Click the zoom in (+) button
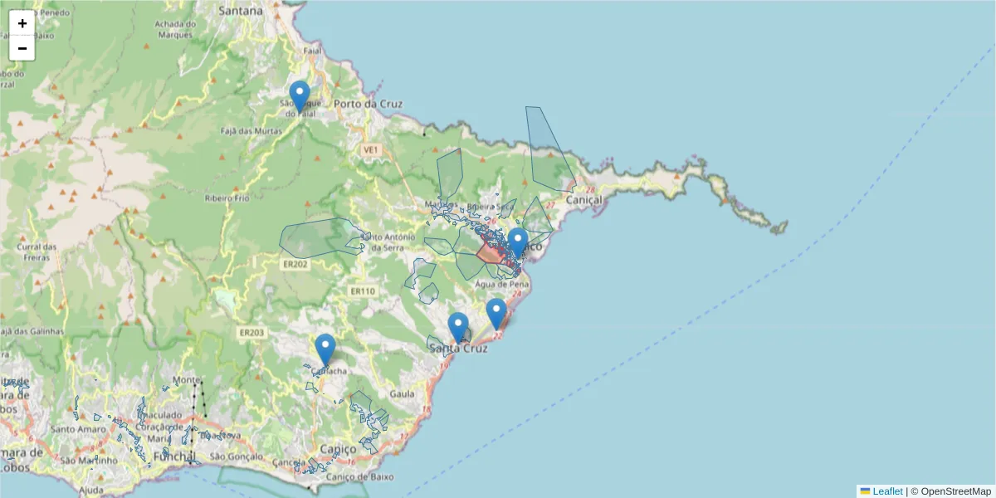click(x=22, y=23)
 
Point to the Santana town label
click(x=241, y=11)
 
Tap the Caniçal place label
click(x=582, y=200)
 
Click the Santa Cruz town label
click(x=458, y=349)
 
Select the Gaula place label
click(x=401, y=395)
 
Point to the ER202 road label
click(x=295, y=265)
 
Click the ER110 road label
click(x=363, y=291)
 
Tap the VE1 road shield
click(x=370, y=149)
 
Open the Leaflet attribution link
click(x=887, y=491)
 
